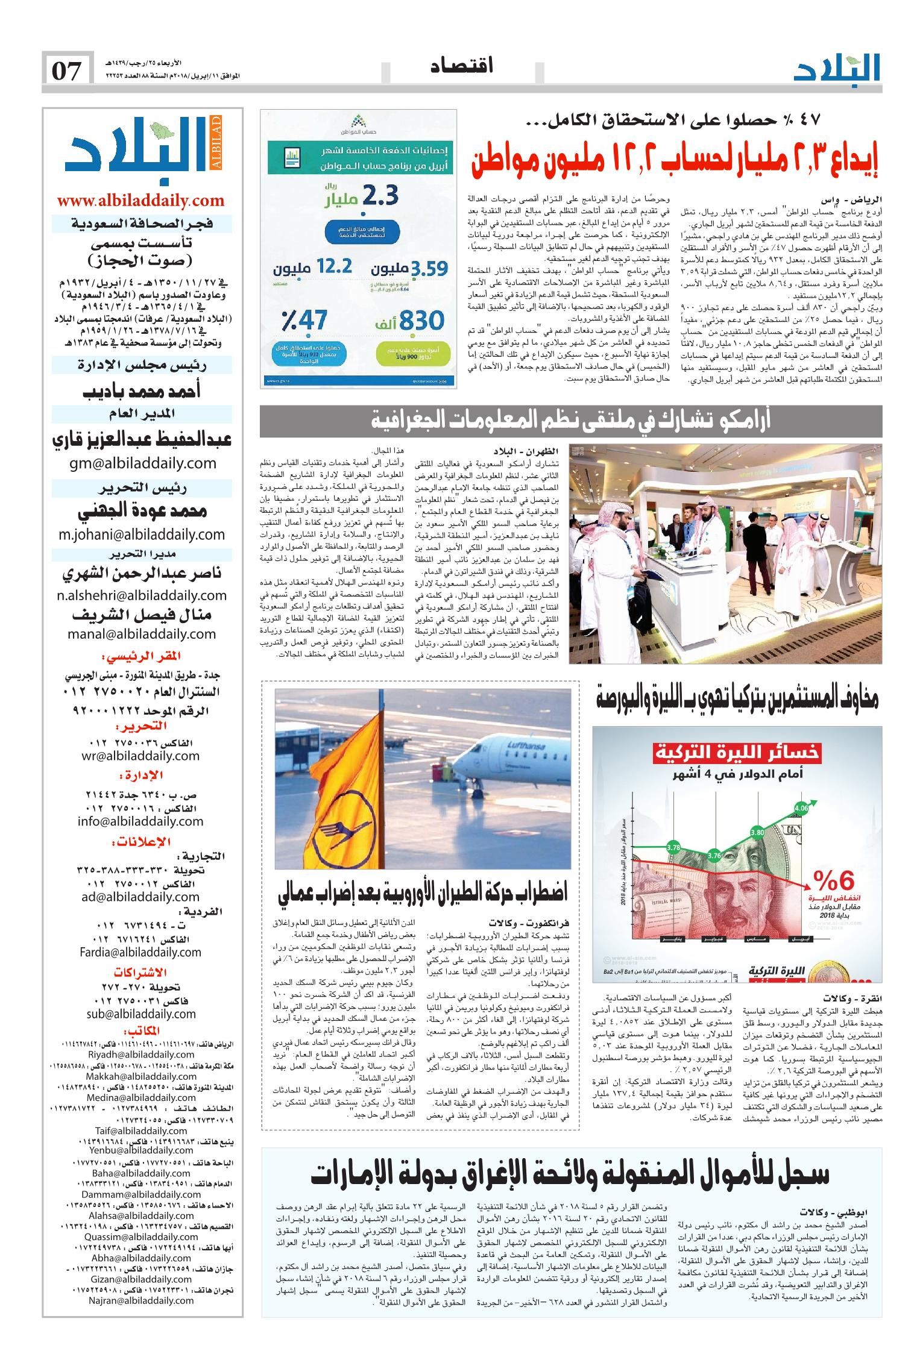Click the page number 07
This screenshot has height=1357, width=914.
pyautogui.click(x=67, y=71)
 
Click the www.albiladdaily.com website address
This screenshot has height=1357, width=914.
pyautogui.click(x=140, y=201)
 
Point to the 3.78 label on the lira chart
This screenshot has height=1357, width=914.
pyautogui.click(x=673, y=847)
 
